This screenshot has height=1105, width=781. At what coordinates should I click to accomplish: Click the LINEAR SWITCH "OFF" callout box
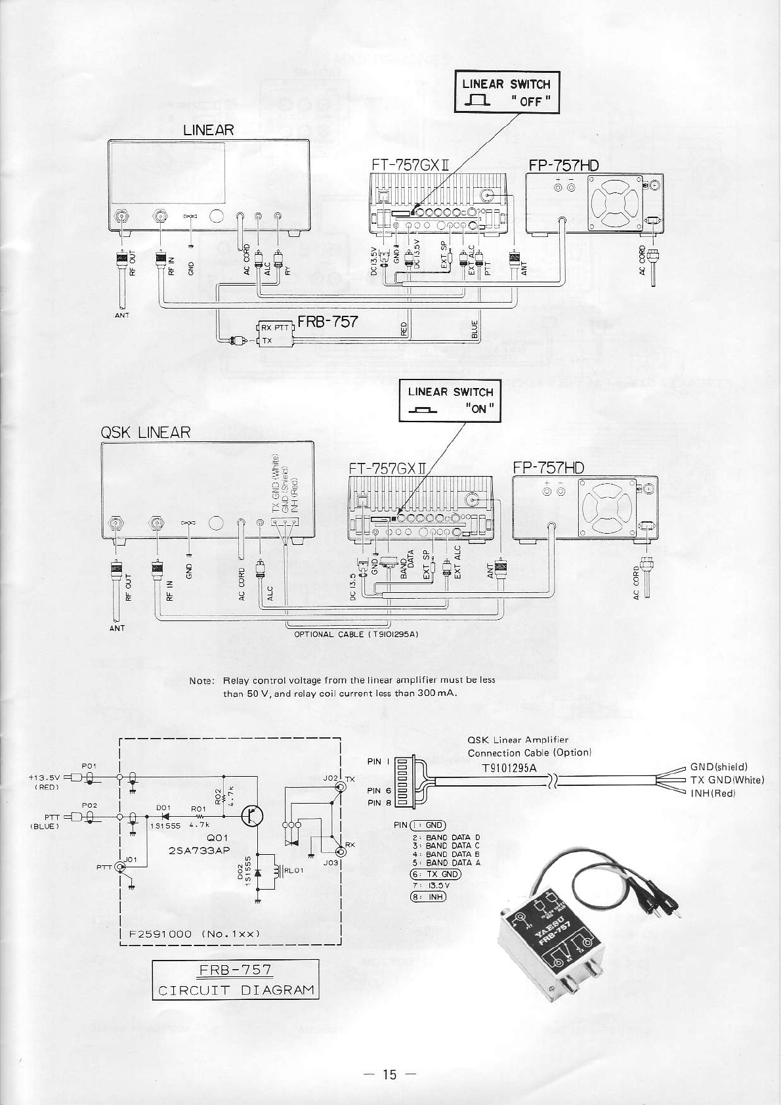click(x=507, y=92)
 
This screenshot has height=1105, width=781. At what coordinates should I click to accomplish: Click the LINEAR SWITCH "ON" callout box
click(x=450, y=401)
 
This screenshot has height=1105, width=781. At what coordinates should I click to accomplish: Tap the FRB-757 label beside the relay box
click(x=327, y=321)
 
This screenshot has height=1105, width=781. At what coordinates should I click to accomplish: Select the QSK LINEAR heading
click(x=145, y=433)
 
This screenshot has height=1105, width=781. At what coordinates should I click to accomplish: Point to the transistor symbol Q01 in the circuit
click(x=252, y=816)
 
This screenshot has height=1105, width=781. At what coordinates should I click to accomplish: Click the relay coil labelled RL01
click(x=273, y=871)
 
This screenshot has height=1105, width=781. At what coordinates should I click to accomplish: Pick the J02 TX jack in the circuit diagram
click(x=341, y=787)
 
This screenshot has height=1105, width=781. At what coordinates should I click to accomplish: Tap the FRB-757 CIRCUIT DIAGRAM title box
click(x=236, y=980)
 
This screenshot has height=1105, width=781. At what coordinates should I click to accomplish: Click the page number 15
click(x=390, y=1074)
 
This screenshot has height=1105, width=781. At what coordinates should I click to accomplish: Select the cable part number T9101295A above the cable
click(x=509, y=768)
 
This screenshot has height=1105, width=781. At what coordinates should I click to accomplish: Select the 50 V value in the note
click(x=255, y=693)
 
